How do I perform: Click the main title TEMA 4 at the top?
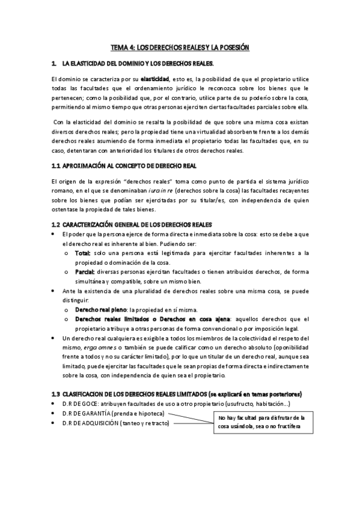coord(180,46)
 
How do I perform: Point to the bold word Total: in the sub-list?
coord(83,253)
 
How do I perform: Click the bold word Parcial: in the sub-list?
coord(85,272)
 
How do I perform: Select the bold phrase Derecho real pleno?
coord(100,309)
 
